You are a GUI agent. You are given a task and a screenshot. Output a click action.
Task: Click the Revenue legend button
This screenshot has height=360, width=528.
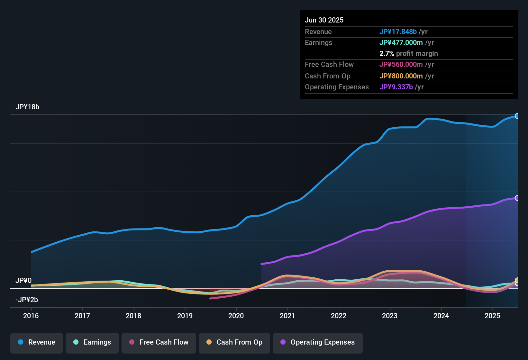[x=37, y=342]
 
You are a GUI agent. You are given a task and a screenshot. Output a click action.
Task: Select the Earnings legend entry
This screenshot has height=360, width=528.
[x=92, y=342]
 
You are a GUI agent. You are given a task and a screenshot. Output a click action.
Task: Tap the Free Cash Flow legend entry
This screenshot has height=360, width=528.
[x=159, y=342]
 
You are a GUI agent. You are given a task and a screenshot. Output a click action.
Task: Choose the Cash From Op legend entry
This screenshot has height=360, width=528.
[x=234, y=342]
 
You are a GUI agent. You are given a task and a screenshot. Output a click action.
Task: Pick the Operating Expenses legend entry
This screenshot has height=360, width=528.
[x=318, y=342]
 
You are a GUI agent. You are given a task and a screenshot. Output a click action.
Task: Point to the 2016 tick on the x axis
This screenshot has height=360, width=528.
[x=31, y=316]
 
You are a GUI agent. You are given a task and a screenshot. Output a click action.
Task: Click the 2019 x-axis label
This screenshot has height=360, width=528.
[x=185, y=316]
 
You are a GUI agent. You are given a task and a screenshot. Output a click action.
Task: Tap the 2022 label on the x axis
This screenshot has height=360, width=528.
[x=339, y=316]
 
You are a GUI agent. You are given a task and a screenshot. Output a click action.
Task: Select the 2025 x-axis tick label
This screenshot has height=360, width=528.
[x=492, y=316]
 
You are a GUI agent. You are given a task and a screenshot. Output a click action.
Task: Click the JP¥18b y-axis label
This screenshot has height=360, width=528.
[x=27, y=107]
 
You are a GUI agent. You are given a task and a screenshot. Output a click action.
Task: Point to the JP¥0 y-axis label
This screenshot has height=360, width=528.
[x=23, y=281]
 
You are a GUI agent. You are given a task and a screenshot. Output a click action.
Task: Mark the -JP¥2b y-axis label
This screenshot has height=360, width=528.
[x=27, y=300]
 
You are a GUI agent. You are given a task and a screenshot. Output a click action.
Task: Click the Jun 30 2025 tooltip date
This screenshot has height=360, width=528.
[x=324, y=20]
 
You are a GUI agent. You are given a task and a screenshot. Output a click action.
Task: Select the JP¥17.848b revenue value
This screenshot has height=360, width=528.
[x=398, y=32]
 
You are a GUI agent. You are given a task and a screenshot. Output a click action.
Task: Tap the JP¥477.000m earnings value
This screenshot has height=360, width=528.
[x=401, y=43]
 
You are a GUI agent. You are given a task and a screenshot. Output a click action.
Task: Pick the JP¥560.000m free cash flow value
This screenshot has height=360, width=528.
[x=401, y=65]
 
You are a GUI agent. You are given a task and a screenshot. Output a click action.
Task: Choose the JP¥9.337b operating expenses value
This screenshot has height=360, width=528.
[x=396, y=87]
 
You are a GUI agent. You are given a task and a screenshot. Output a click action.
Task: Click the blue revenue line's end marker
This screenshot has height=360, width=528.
[x=517, y=116]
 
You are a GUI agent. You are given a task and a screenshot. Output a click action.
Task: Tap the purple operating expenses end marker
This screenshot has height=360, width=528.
[x=517, y=198]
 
